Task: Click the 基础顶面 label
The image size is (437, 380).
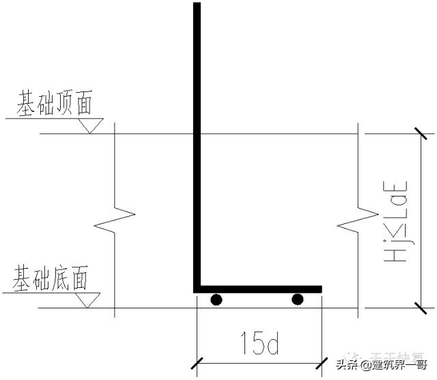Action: pos(55,104)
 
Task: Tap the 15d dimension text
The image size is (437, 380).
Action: pos(259,345)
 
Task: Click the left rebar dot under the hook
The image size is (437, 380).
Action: pos(216,299)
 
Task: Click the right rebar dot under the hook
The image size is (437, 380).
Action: pos(297,299)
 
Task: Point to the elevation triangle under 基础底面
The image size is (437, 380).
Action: pos(89,300)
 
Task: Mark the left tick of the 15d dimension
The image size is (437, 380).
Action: pos(197,362)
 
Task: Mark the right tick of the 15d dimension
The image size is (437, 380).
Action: pos(321,362)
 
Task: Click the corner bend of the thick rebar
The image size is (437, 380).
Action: pos(197,288)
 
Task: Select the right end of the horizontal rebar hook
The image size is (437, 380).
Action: pos(320,289)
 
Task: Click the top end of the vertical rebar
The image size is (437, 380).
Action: pos(197,5)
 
